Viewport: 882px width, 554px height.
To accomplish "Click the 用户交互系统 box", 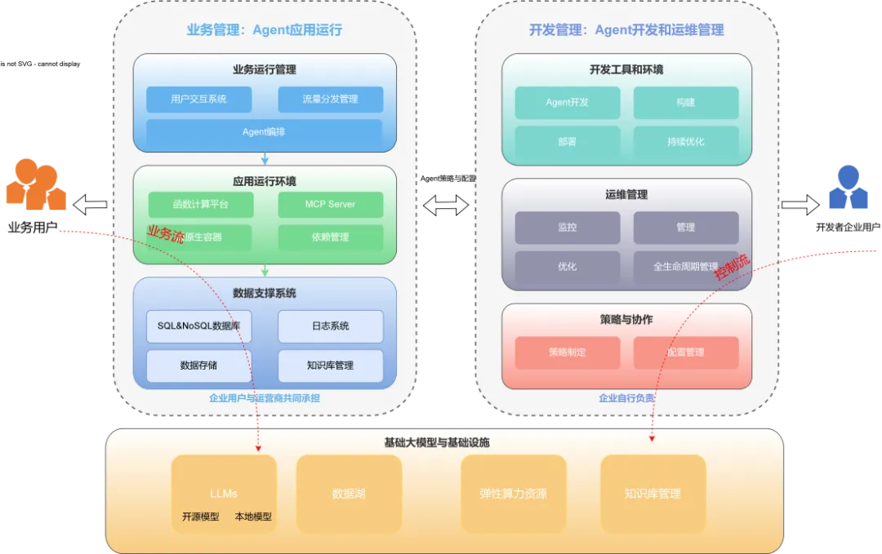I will point(198,100).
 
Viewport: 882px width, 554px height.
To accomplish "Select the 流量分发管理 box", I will point(330,100).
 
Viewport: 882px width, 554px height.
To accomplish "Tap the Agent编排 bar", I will point(264,131).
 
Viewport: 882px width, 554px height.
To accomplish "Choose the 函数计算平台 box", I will point(200,204).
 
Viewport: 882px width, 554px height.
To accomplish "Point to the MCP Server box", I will point(330,204).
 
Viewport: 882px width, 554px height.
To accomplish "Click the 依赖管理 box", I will point(330,237).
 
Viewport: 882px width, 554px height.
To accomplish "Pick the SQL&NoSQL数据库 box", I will point(198,326).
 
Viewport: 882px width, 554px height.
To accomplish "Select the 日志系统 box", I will point(330,326).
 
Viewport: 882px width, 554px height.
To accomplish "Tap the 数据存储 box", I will point(198,366).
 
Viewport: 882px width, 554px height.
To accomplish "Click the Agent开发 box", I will point(567,103).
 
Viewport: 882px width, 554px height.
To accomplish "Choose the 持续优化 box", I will point(685,141).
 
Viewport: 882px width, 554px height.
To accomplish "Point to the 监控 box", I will point(567,228).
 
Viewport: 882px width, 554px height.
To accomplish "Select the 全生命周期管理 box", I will point(685,267).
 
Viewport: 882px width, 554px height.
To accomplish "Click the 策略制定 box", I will point(567,352).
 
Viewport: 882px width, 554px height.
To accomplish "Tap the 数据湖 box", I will point(349,494).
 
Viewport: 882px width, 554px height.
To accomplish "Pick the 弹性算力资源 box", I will point(514,494).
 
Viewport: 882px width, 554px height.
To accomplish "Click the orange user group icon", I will point(36,185).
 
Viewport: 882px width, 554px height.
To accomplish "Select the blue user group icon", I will point(848,188).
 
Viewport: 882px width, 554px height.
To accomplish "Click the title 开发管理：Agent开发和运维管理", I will point(626,30).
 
